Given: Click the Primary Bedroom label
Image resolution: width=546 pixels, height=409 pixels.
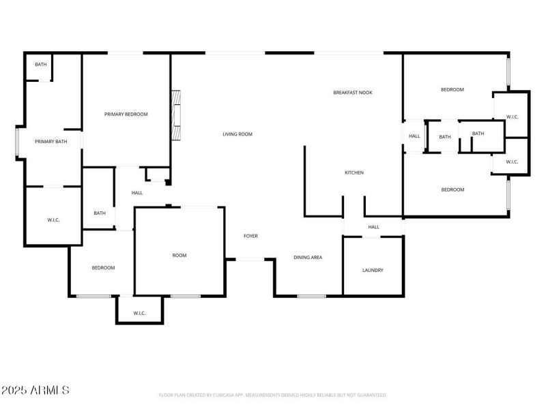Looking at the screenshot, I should pos(126,115).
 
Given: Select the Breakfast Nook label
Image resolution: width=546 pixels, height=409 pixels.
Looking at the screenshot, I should pos(352,92).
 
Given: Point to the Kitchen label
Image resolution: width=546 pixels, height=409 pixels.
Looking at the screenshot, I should pos(354,172).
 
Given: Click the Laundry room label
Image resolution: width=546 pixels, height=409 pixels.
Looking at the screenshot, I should pos(373,270).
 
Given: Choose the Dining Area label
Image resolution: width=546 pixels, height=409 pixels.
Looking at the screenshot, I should pos(308,257).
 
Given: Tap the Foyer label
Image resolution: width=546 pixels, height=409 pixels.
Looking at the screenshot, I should pos(250,236).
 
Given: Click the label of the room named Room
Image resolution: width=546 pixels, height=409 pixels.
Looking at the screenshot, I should pos(179,255).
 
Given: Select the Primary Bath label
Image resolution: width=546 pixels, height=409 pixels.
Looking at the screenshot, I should pos(51,142).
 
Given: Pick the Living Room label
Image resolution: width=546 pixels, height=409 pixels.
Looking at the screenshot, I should pos(238,134).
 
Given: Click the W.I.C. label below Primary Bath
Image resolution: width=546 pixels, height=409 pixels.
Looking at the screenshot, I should pos(54,219).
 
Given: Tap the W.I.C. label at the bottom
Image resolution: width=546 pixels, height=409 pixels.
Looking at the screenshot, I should pos(139,313).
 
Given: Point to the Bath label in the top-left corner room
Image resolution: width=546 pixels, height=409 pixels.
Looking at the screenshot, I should pos(41,64).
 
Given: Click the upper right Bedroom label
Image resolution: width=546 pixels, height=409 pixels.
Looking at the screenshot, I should pos(452,89).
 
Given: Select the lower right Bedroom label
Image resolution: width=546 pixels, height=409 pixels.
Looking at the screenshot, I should pos(452,190).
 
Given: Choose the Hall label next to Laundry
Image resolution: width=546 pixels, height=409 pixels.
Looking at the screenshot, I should pos(373,227).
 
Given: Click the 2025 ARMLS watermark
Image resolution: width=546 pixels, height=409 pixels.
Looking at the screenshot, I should pos(35,391).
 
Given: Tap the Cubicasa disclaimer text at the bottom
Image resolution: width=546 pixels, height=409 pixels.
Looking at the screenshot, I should pos(272,395).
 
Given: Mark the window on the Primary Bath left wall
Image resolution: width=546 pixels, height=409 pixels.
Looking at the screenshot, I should pos(17,142).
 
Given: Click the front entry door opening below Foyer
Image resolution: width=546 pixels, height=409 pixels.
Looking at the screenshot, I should pos(250,259).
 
